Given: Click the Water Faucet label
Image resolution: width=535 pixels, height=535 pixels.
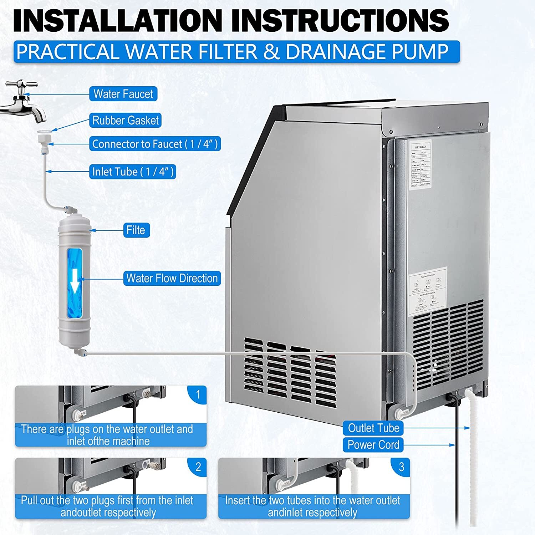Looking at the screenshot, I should pos(123,94).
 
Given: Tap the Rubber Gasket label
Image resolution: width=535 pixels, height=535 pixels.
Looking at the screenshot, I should pos(125,121).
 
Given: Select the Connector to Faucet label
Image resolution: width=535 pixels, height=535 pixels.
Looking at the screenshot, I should pos(155,144).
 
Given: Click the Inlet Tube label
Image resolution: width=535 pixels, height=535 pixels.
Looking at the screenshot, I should pos(133,172).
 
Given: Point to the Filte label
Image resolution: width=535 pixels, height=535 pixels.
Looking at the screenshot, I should pos(136,230).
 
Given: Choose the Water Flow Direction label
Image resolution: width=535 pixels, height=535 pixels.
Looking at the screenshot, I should pos(172,278).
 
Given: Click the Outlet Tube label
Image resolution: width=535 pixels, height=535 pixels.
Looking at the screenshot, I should pos(373,428).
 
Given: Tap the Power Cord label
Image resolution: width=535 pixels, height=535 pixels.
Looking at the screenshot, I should pos(373,445).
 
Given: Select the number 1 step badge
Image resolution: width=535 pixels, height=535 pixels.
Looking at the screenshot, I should pos(198,394).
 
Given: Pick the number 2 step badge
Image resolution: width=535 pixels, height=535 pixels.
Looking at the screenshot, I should pos(198,467).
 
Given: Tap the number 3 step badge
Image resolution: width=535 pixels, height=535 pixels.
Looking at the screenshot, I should pos(401,467).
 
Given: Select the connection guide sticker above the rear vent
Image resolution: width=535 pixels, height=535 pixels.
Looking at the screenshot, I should pos(427,291).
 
